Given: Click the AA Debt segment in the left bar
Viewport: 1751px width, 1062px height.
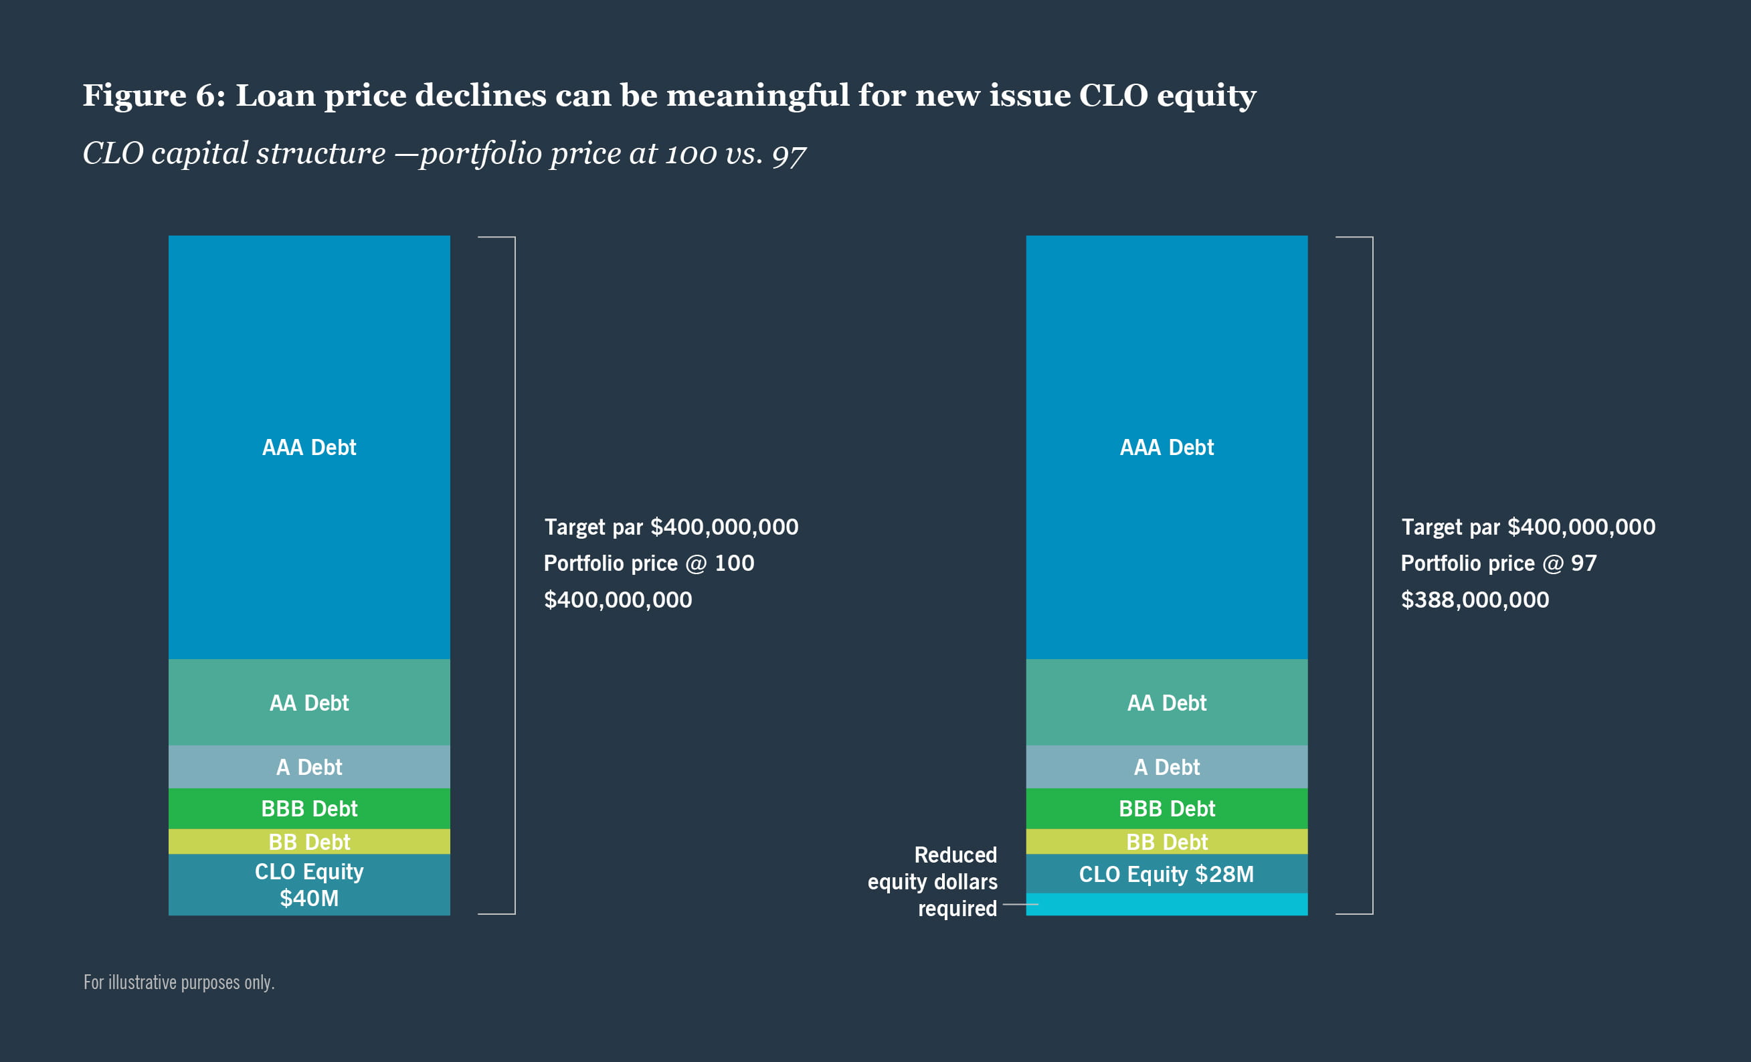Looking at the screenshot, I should pos(309,703).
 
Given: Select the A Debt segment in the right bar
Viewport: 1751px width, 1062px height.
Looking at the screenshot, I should pos(1166,767).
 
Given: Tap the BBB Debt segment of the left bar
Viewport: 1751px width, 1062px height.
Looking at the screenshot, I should pos(309,808).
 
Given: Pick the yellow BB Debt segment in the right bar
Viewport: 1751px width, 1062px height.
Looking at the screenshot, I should pos(1166,842).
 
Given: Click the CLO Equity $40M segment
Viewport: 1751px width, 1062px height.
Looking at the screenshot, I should pos(309,884).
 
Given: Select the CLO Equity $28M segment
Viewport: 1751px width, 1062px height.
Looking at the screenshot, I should pos(1166,874).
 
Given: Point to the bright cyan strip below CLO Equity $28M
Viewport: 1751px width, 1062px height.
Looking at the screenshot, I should pos(1166,904).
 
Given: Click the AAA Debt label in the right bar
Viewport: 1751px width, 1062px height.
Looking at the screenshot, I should pos(1166,447).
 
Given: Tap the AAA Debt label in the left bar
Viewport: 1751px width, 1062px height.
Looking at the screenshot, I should pos(309,447).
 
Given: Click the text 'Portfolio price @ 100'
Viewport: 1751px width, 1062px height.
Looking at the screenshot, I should pos(649,563).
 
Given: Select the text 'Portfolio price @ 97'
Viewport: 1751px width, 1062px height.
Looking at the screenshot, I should pos(1498,563).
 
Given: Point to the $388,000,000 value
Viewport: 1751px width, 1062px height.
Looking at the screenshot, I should pos(1475,599).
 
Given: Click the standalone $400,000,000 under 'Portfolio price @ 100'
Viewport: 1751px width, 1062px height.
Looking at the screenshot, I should pos(618,599).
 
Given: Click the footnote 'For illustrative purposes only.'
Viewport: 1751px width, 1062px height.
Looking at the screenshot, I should pos(179,982).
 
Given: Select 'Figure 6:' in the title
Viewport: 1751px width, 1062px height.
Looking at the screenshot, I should pos(153,95).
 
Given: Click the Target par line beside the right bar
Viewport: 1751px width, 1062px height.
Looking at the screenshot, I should pos(1528,527).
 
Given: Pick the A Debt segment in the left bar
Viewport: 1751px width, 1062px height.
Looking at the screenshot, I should pos(309,767).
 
